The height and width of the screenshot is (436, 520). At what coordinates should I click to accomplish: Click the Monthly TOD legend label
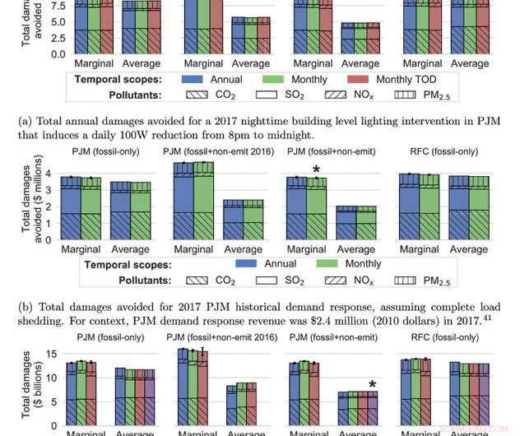pyautogui.click(x=411, y=80)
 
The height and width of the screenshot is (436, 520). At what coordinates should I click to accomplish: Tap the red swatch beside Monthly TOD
pyautogui.click(x=353, y=80)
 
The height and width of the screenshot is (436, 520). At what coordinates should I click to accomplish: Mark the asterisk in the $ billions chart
pyautogui.click(x=373, y=385)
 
